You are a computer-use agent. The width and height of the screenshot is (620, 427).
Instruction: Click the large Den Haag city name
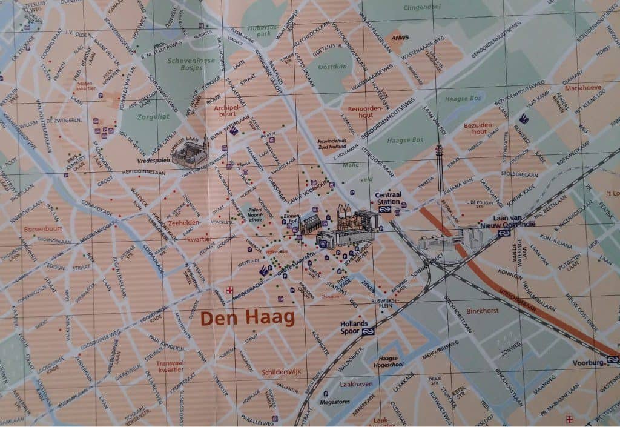[247, 318]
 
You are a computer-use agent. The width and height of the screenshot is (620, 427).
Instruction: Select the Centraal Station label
[387, 199]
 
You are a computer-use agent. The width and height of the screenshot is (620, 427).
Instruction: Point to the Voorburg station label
[588, 363]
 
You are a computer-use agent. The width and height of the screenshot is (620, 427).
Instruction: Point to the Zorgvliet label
[151, 117]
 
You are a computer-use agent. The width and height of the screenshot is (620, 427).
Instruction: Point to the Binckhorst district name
[483, 311]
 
